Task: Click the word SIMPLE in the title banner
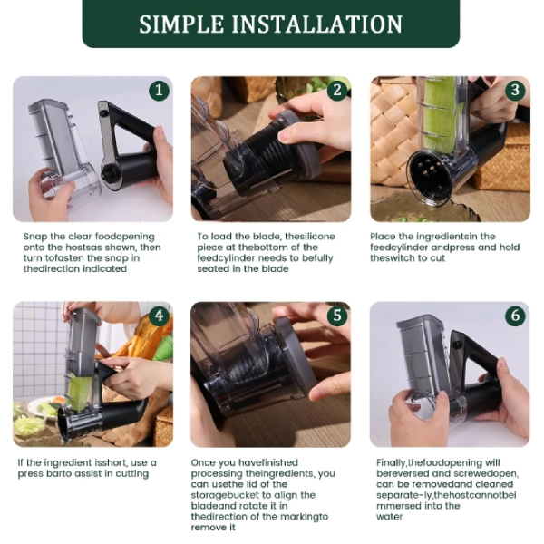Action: click(181, 24)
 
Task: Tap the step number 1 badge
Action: click(159, 91)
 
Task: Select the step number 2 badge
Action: click(337, 90)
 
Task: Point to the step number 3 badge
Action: click(515, 90)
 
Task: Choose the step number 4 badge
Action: click(159, 316)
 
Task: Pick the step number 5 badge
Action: click(337, 316)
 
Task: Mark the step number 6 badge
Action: click(515, 316)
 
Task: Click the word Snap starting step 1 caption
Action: click(35, 237)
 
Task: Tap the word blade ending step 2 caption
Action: click(275, 269)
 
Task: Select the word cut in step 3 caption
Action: click(438, 258)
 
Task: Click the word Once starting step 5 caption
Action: click(203, 462)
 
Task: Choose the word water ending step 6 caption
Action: click(389, 517)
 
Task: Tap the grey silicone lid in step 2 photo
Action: click(297, 145)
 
